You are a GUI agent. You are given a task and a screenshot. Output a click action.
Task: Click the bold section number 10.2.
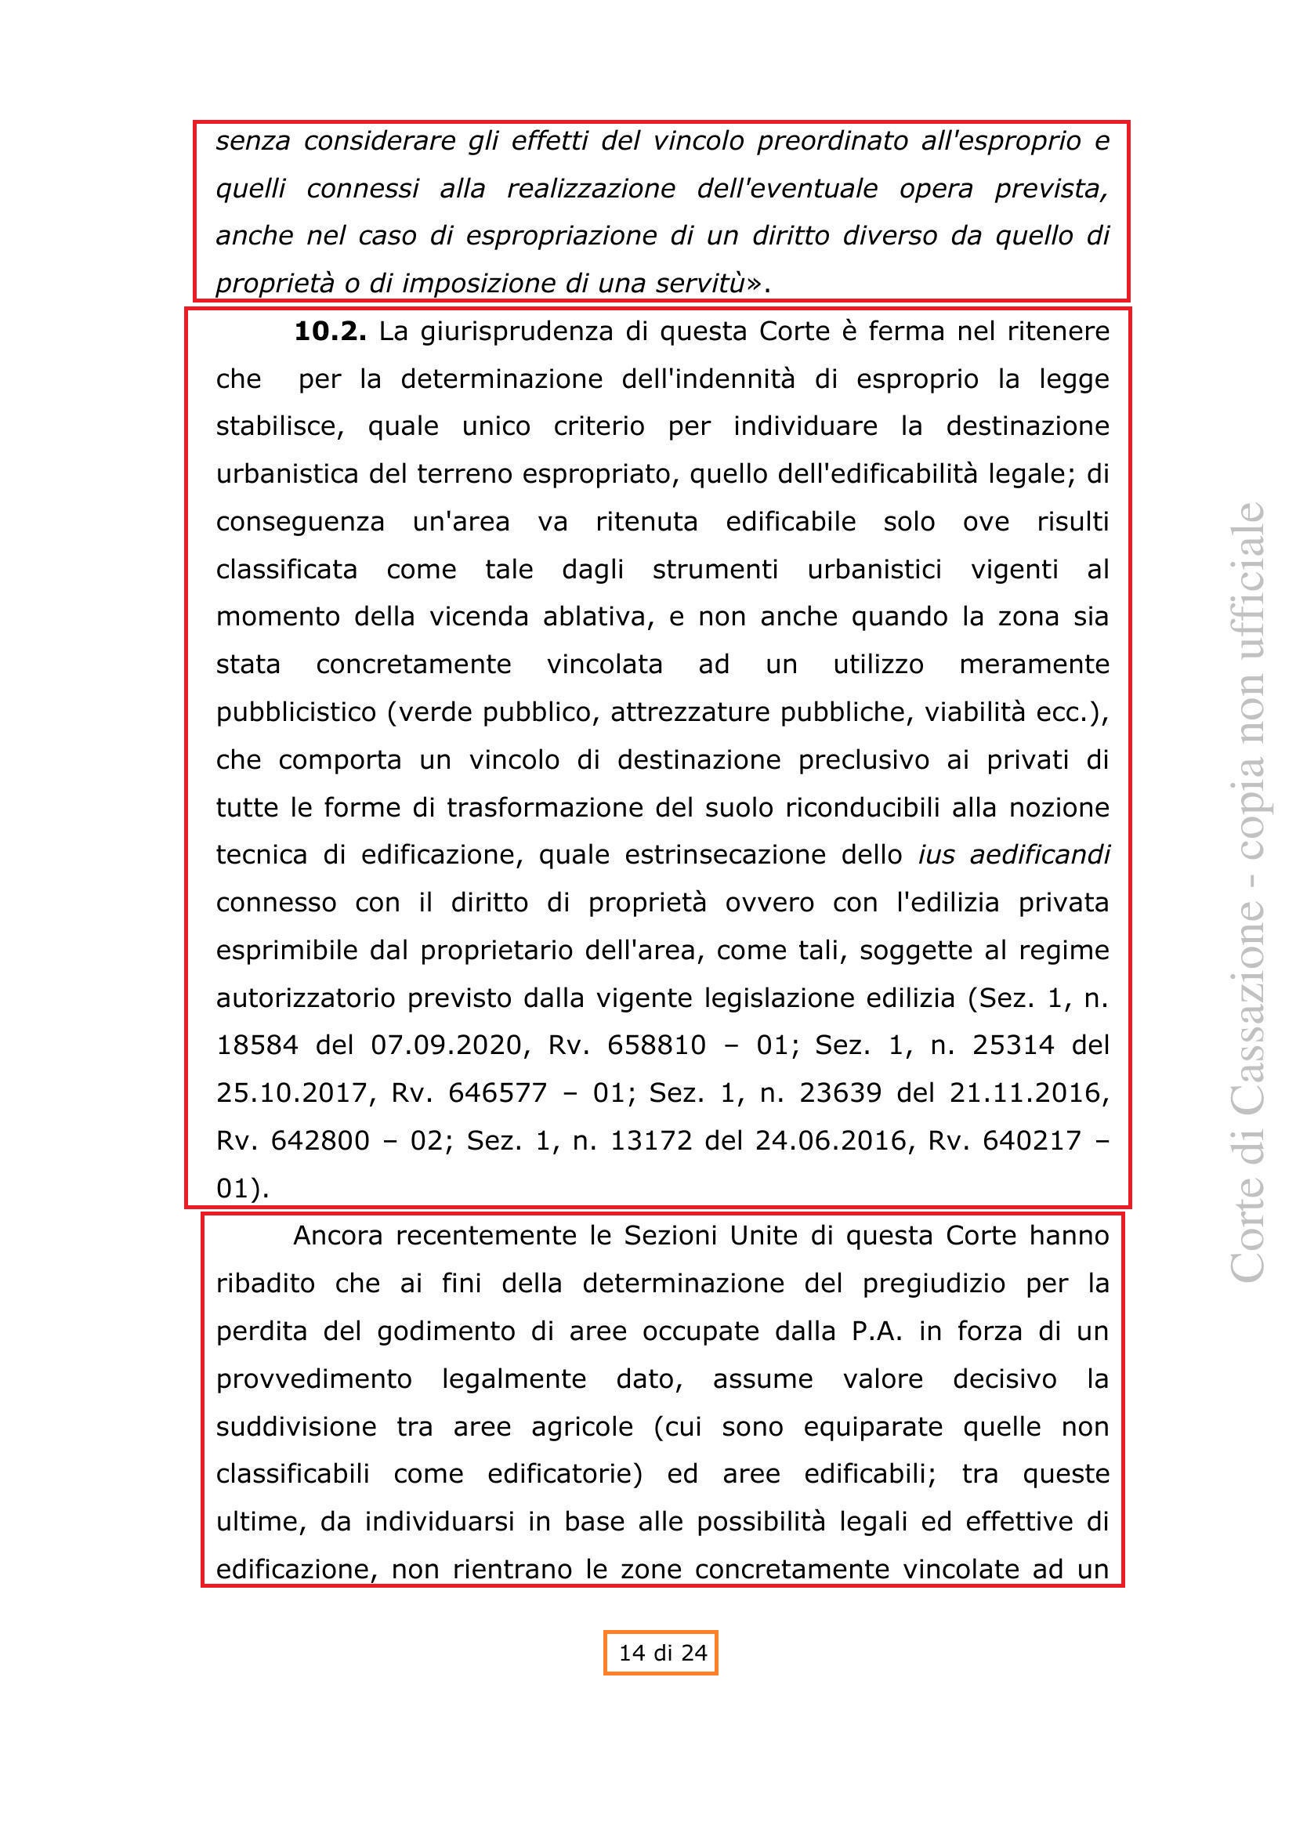coord(331,331)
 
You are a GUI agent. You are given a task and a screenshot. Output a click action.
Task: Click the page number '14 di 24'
coord(662,1653)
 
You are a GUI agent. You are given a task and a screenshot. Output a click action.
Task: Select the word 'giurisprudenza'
coord(517,331)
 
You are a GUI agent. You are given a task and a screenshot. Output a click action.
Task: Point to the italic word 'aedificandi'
coord(1040,855)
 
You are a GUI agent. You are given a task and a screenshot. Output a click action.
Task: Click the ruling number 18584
coord(257,1045)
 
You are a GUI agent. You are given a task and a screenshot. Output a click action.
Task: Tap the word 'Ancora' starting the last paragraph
coord(339,1236)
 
